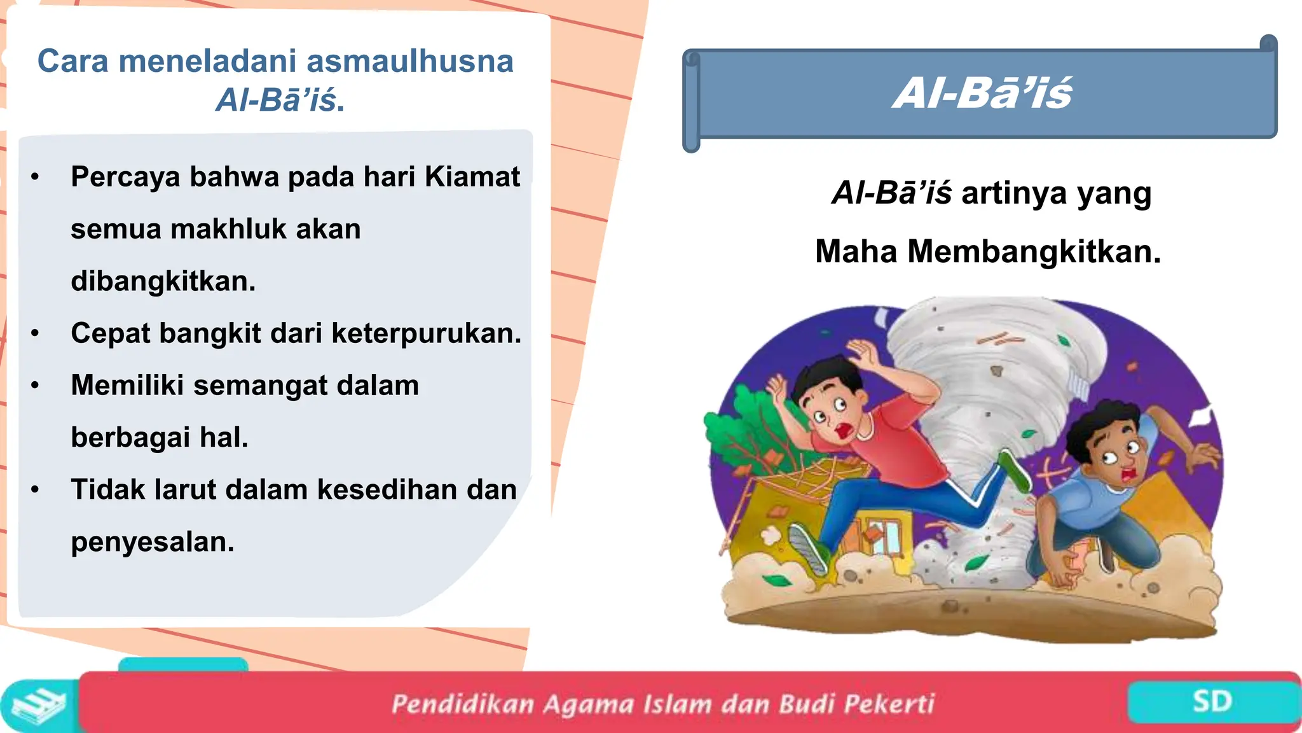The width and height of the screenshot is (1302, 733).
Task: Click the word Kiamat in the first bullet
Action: pos(472,177)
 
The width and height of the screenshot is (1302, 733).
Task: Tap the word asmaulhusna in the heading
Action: pos(410,62)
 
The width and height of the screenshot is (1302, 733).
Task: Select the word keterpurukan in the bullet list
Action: pos(426,333)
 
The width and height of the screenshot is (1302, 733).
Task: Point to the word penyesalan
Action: pos(153,542)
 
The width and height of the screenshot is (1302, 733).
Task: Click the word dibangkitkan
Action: pos(163,281)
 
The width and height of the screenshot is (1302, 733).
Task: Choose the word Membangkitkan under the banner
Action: pos(1034,251)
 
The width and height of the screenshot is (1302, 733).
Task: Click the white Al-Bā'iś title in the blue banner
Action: pos(983,94)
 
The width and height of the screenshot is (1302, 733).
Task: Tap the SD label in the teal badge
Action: pos(1212,702)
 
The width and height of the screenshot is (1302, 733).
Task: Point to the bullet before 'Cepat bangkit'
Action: pos(35,333)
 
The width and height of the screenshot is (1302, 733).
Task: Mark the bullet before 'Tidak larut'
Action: pos(35,490)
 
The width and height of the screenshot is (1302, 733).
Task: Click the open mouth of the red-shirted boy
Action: pos(844,430)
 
